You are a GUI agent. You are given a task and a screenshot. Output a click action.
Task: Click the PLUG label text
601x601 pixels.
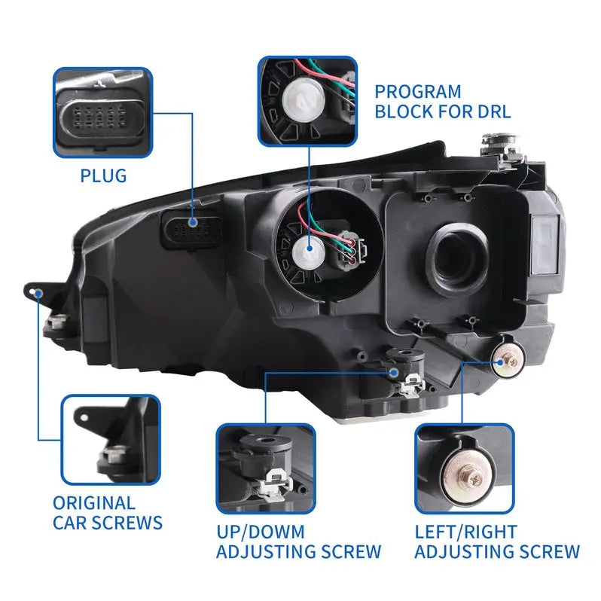click(x=103, y=175)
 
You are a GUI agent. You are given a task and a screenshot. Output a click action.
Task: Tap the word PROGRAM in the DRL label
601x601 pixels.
click(x=418, y=92)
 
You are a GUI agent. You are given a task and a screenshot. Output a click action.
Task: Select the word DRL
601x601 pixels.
click(x=495, y=111)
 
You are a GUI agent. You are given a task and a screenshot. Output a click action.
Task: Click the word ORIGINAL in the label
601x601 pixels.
click(x=94, y=503)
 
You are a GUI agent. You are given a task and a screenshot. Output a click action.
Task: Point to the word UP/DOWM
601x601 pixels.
click(x=261, y=532)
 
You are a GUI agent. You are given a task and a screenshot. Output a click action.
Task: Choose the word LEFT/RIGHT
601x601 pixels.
click(x=466, y=532)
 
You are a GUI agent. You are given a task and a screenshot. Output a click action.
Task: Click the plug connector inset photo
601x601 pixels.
click(x=102, y=113)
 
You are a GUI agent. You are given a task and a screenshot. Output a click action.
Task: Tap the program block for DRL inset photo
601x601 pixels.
click(x=308, y=101)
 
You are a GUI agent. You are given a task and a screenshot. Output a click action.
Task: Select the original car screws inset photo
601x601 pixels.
click(x=111, y=440)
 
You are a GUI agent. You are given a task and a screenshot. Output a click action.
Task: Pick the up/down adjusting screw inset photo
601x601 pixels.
click(x=266, y=468)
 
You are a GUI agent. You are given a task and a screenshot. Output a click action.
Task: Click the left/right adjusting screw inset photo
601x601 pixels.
click(x=465, y=468)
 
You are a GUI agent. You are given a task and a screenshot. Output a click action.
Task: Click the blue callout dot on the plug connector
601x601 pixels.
click(x=192, y=222)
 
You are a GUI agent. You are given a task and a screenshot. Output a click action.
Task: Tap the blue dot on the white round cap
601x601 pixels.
click(x=310, y=249)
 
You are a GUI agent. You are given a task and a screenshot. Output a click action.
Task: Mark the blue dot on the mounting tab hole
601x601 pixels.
click(x=38, y=294)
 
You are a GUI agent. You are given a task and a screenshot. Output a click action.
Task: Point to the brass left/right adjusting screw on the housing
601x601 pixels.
click(x=507, y=362)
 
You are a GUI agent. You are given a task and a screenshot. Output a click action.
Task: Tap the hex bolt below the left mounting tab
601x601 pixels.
click(x=57, y=322)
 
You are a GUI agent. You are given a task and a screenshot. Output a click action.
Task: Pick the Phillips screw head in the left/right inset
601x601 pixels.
click(x=474, y=478)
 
